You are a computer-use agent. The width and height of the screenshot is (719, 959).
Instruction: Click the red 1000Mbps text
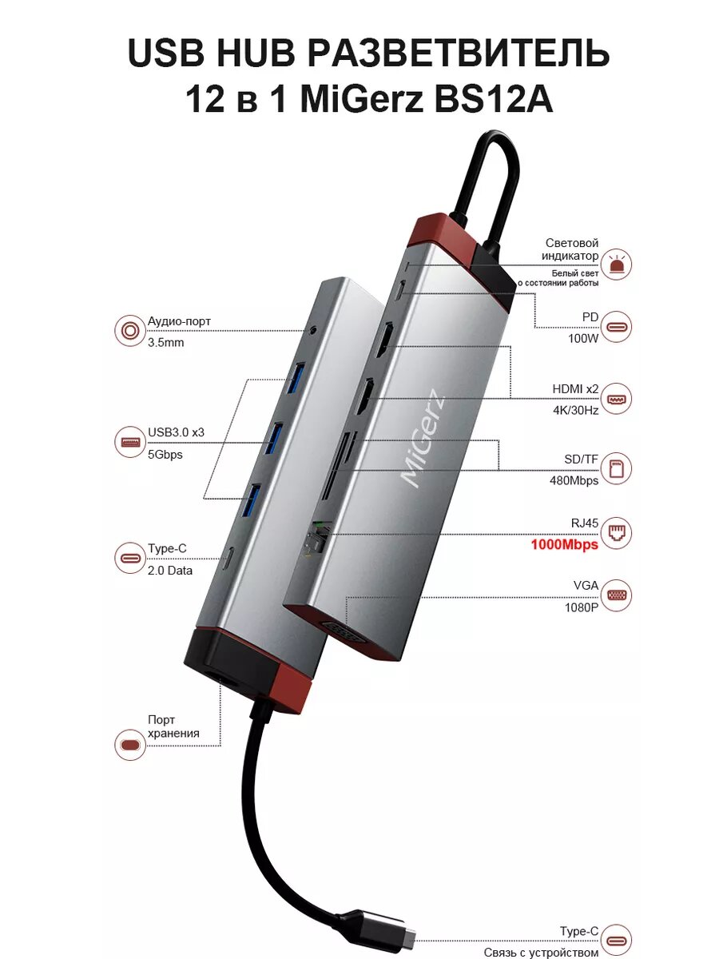(564, 545)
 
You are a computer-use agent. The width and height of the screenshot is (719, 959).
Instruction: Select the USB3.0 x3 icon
(129, 441)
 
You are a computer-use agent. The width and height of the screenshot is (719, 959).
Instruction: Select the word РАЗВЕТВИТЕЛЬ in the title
(458, 54)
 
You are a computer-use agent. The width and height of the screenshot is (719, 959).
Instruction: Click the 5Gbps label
(165, 454)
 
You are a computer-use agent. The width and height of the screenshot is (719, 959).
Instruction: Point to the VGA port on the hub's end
(352, 629)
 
